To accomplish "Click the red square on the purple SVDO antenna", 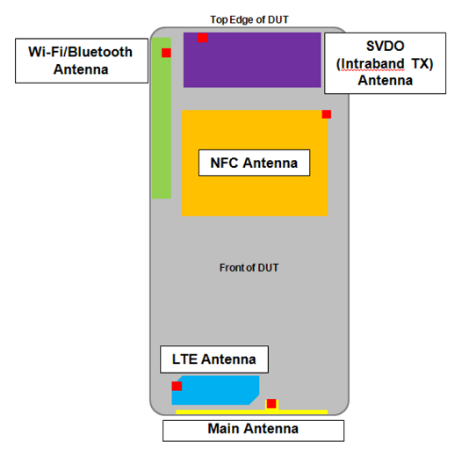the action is point(202,38).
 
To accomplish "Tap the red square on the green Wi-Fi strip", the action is point(166,53).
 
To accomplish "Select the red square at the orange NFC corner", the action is point(327,114).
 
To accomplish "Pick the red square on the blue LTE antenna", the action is point(177,386).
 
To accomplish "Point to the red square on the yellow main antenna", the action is point(271,403).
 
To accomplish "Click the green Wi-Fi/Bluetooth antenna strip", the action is point(162,118).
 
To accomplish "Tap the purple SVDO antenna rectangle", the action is point(252,60).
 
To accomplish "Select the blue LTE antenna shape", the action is point(215,390).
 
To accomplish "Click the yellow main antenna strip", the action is point(251,412).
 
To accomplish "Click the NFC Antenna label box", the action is point(255,163).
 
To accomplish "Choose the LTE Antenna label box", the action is point(214,359).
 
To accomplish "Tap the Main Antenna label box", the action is point(253,431).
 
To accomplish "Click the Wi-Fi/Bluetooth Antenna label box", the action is point(82,61).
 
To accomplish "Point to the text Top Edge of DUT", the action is point(249,19).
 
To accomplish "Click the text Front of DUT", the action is point(249,268).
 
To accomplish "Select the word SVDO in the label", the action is point(385,46).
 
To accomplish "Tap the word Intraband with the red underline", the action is point(371,63).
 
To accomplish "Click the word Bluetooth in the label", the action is point(100,52).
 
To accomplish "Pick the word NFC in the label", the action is point(224,163).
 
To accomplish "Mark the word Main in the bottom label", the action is point(224,428).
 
